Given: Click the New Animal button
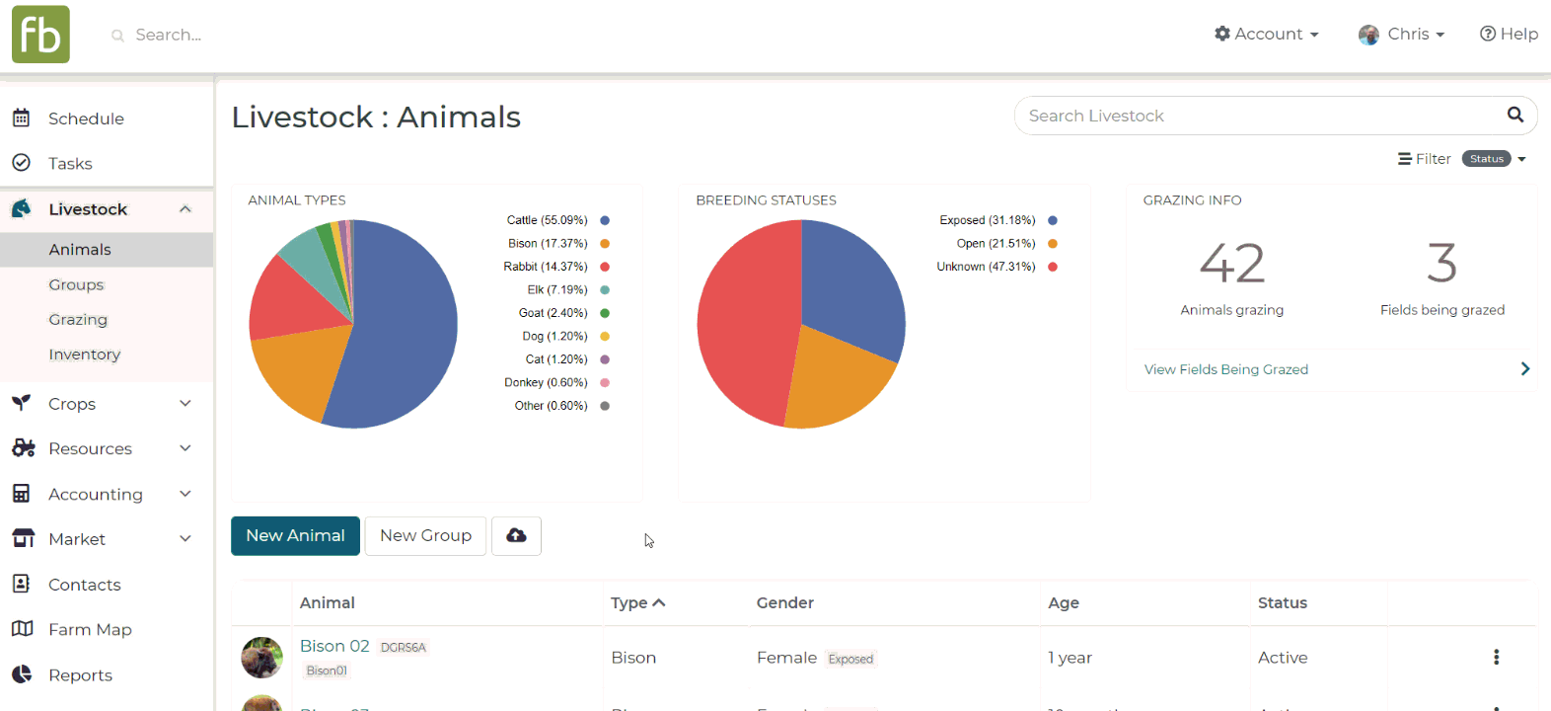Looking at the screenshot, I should click(295, 536).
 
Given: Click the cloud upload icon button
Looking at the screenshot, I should click(516, 536).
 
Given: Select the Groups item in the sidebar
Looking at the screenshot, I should click(76, 284).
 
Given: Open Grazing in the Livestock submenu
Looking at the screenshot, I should click(78, 319).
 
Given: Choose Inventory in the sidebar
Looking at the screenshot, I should click(84, 355).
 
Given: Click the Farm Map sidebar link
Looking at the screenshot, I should click(90, 629).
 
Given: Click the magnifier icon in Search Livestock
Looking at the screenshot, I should click(1515, 115).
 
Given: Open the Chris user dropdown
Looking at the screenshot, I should click(1402, 35).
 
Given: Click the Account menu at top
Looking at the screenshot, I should click(1267, 35).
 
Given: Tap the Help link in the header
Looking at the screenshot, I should click(1509, 35).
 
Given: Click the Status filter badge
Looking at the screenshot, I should click(1486, 159).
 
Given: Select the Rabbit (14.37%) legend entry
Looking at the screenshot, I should click(546, 267).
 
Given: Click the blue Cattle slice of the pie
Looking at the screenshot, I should click(405, 326).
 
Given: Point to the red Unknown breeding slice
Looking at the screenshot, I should click(745, 326).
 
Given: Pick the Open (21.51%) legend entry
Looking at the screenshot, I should click(996, 244).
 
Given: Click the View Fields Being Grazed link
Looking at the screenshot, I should click(1225, 369).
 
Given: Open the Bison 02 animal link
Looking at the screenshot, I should click(334, 646).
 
